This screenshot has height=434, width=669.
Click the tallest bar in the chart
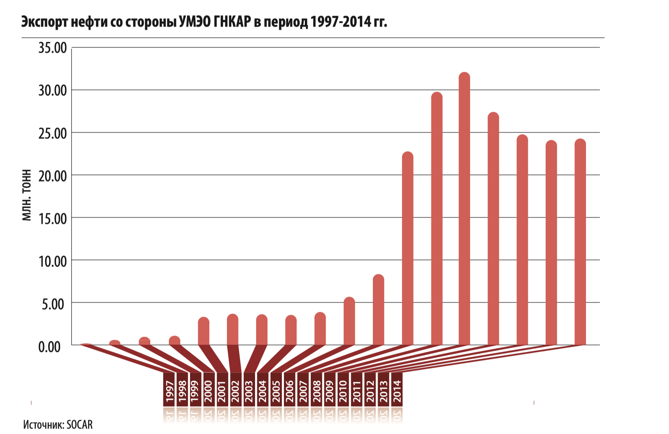tap(464, 209)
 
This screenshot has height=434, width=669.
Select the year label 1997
tap(170, 391)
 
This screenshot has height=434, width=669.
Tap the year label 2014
tap(397, 391)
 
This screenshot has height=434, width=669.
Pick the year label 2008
tap(317, 391)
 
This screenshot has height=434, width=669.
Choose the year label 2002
tap(236, 391)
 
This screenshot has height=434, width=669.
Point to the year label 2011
tap(357, 391)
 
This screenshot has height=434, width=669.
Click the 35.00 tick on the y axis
tap(53, 48)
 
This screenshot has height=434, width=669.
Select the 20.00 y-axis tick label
tap(53, 175)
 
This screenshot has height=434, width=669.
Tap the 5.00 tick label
tap(53, 304)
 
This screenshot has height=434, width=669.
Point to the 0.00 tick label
tap(49, 347)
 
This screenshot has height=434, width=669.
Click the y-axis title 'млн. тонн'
tap(26, 195)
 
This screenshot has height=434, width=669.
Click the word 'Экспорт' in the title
tap(45, 22)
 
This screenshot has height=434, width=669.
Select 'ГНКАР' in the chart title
tap(232, 22)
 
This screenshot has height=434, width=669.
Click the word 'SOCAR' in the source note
tap(79, 425)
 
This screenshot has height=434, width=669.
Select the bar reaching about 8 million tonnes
tap(378, 310)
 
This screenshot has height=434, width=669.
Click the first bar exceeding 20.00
tap(408, 249)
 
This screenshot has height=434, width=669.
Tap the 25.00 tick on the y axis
tap(53, 133)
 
